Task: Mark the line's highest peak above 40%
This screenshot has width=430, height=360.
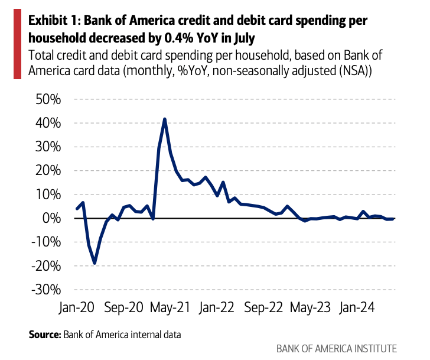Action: tap(165, 119)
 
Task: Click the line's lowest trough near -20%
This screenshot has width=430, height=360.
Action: tap(95, 263)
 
